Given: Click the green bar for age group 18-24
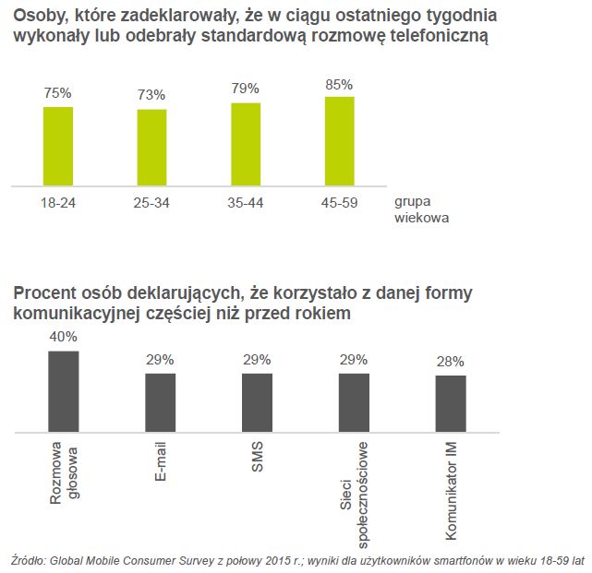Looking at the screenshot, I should click(57, 146).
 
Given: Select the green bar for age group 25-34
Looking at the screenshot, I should click(151, 147).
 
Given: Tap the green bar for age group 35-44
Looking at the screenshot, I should click(246, 143).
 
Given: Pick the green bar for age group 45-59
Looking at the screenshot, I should click(339, 140).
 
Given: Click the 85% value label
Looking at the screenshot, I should click(339, 85).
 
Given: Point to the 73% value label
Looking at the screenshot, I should click(151, 95).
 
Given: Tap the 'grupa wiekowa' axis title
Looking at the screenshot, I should click(422, 209).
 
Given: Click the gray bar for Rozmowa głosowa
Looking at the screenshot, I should click(63, 391).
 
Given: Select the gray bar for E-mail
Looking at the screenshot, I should click(160, 402).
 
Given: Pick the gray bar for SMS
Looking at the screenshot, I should click(257, 402).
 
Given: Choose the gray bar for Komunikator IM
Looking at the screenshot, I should click(451, 403).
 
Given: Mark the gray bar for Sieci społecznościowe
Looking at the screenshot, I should click(354, 402).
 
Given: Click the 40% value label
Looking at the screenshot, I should click(63, 338).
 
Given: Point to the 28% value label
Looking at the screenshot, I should click(451, 362).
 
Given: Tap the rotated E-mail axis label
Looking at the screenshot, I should click(161, 461).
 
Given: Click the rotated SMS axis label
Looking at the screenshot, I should click(258, 457).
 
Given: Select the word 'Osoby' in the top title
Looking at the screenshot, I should click(38, 16).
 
